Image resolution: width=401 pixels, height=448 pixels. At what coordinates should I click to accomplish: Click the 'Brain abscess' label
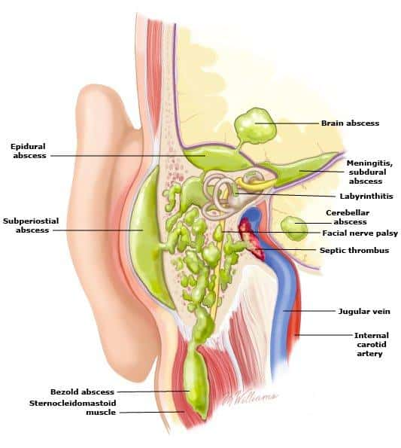(350, 123)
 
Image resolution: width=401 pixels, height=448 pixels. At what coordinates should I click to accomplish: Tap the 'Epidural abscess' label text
(29, 151)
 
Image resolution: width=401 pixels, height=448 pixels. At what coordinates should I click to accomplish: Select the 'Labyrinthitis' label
(366, 197)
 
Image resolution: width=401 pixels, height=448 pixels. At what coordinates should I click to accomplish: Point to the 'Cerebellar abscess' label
(348, 217)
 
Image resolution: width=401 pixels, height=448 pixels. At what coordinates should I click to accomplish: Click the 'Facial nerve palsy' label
(360, 233)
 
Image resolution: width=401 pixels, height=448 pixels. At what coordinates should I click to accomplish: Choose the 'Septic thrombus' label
(354, 250)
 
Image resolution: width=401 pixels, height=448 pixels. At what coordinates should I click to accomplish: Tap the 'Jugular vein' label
(364, 311)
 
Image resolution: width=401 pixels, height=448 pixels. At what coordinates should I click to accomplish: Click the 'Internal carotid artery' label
(372, 344)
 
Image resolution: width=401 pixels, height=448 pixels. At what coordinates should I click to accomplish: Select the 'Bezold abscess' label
(82, 392)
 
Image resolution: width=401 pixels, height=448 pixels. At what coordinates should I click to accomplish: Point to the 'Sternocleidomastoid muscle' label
(73, 407)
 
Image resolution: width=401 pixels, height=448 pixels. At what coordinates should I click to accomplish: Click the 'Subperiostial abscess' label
(31, 225)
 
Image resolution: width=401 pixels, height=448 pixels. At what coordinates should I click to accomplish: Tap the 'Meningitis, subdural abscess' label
(369, 172)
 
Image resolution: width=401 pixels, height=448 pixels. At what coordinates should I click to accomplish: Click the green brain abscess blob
(255, 126)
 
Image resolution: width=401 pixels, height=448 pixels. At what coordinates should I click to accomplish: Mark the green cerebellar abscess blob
(294, 228)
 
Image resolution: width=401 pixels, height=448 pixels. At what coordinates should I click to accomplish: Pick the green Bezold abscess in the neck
(196, 382)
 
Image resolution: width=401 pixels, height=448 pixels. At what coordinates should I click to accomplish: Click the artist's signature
(250, 398)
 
